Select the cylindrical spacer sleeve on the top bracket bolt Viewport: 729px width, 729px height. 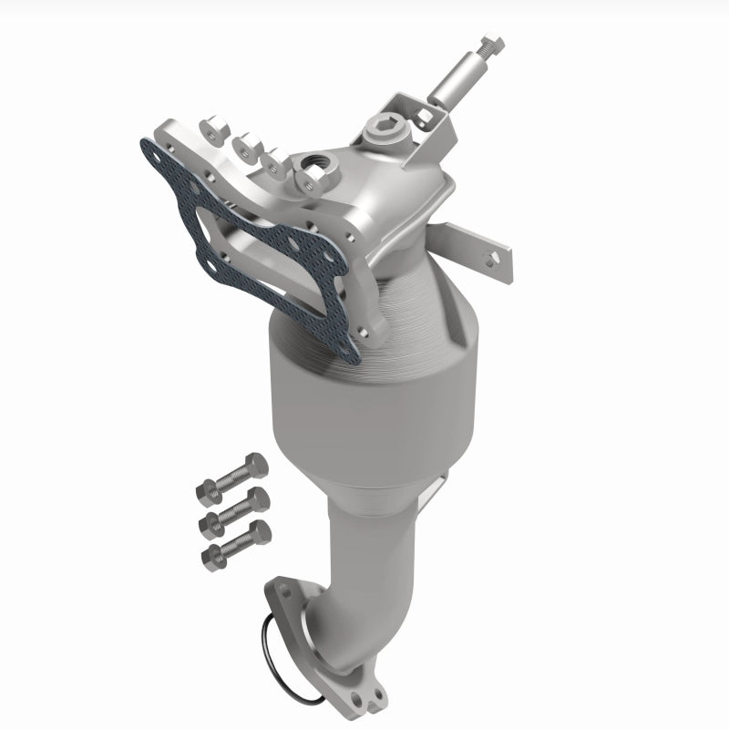pos(454,87)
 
